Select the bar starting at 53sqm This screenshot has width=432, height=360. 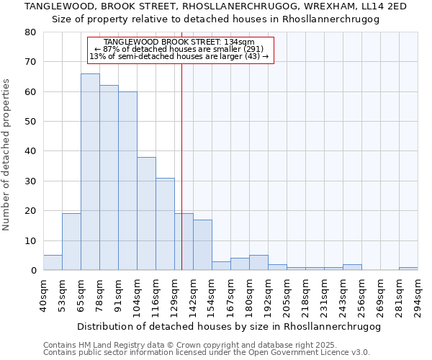coord(71,242)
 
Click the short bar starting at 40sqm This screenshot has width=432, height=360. coord(53,263)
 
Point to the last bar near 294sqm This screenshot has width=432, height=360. coord(408,269)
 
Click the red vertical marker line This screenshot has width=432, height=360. coord(181,166)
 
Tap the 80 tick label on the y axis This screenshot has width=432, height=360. coord(30,32)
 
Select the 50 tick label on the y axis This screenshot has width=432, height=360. coord(30,122)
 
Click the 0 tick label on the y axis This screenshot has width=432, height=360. coord(33,271)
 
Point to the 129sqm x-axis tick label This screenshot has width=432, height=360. coord(174,294)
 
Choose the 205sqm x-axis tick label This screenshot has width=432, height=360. coord(287,294)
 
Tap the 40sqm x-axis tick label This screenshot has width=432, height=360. coord(43,294)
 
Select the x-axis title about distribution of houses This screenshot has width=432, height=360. coord(228,326)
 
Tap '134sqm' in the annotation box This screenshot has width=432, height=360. coord(240,42)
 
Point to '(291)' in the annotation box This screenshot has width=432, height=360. coord(258,49)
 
